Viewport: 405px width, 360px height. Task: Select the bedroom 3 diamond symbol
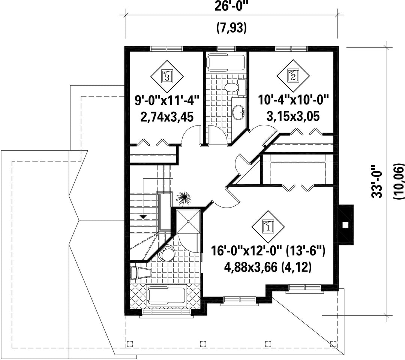coord(167,76)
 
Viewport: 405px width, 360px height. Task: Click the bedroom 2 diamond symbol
coord(293,76)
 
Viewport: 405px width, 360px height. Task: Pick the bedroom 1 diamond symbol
coord(268,227)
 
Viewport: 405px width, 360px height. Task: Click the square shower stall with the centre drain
coord(188,221)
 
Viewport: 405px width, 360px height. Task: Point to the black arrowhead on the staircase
coord(143,217)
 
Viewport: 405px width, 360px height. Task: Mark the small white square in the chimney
coord(345,224)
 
